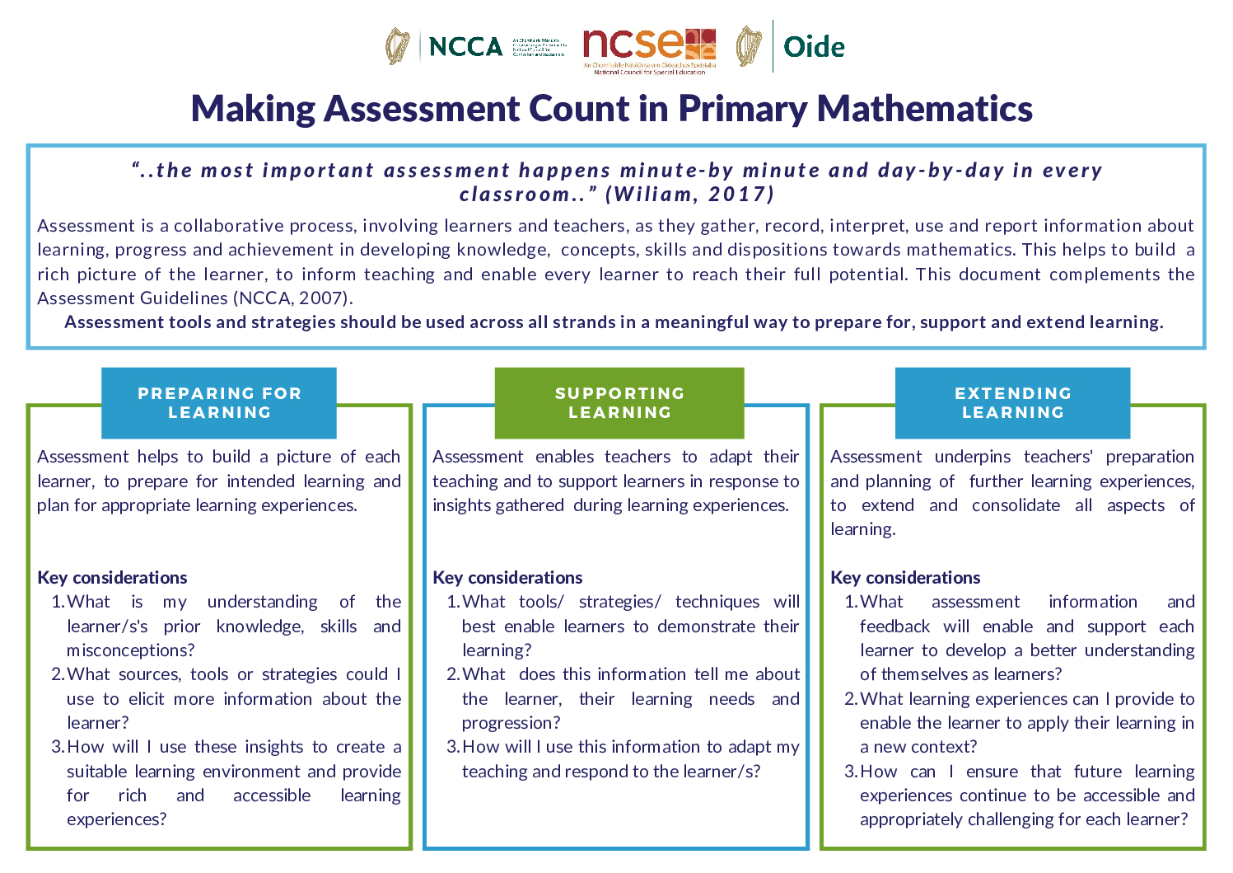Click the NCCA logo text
[x=465, y=46]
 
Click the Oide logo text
[x=814, y=47]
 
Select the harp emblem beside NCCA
[x=398, y=46]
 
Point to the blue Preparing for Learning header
[x=219, y=403]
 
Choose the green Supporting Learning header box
[x=619, y=403]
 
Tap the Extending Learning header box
[x=1012, y=403]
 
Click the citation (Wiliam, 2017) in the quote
[x=690, y=195]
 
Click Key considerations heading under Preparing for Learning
[x=112, y=578]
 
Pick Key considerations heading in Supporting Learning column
[x=507, y=578]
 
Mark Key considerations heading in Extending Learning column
[x=905, y=578]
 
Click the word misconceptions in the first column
[x=130, y=650]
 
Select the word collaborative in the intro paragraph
[x=220, y=226]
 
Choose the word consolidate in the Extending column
[x=1016, y=505]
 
